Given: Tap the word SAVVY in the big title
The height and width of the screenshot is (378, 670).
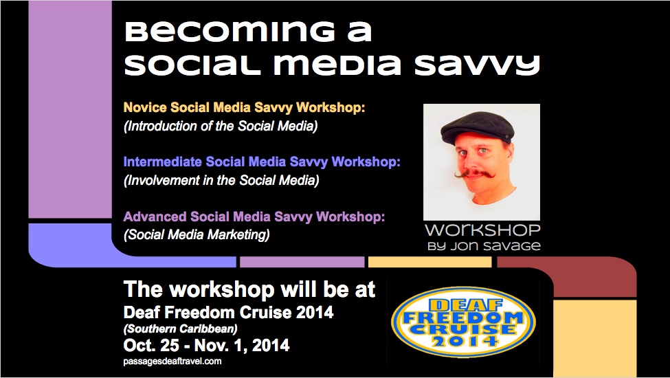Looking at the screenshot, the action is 478,65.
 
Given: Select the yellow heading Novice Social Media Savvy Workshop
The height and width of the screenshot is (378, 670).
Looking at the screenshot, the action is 244,107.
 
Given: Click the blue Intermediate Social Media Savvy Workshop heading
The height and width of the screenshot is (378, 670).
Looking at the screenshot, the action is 262,162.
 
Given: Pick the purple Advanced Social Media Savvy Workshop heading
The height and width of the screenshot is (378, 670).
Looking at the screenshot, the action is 254,216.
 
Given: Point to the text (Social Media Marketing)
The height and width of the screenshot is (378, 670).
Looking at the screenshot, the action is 197,234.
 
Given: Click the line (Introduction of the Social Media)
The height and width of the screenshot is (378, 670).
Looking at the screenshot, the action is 221,126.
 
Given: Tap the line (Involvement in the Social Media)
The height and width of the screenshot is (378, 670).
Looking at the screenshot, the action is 221,180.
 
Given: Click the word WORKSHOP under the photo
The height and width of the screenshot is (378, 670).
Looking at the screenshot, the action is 482,231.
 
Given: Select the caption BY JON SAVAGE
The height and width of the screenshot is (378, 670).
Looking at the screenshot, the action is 484,247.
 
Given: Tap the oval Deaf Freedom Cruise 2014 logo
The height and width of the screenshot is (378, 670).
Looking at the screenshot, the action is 463,322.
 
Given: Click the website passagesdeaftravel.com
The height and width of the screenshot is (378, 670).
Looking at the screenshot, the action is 172,362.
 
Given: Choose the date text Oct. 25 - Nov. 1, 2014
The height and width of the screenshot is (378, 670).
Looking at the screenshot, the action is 206,345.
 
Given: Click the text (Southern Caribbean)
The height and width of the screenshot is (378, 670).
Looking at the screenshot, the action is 180,329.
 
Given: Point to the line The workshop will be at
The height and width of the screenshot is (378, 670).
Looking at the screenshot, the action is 249,289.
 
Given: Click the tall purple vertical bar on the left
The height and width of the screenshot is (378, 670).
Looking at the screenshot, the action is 70,109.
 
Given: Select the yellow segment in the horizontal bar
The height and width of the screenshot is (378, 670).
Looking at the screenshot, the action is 430,263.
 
